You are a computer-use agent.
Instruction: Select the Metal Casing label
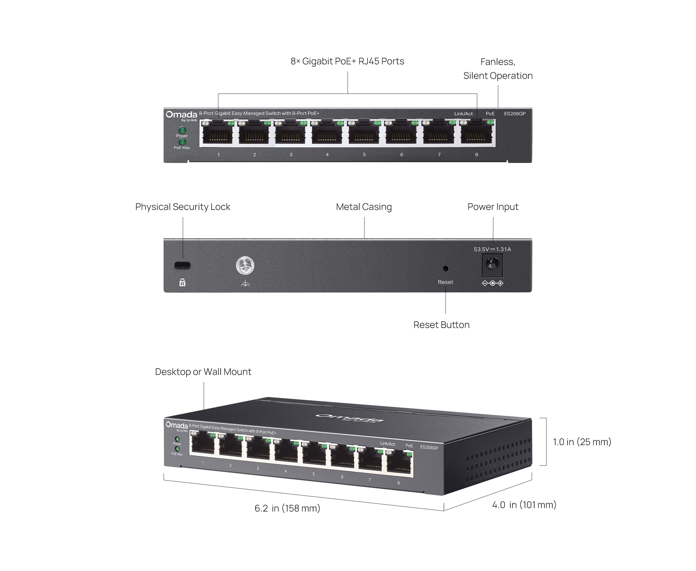pyautogui.click(x=364, y=207)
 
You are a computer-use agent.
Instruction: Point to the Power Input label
pyautogui.click(x=493, y=207)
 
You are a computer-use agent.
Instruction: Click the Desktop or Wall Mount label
pyautogui.click(x=203, y=372)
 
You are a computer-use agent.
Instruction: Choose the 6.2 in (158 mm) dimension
pyautogui.click(x=287, y=508)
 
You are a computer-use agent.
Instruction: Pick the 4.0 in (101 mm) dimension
pyautogui.click(x=524, y=505)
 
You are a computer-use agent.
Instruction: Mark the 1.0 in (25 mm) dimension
pyautogui.click(x=582, y=442)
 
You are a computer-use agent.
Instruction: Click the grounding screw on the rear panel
pyautogui.click(x=245, y=266)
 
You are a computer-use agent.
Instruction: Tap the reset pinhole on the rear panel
pyautogui.click(x=445, y=269)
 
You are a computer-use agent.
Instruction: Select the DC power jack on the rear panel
pyautogui.click(x=492, y=265)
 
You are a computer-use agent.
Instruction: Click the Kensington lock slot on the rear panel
pyautogui.click(x=182, y=265)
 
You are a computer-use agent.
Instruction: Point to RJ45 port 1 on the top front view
pyautogui.click(x=217, y=133)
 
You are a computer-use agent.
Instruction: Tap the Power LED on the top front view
pyautogui.click(x=182, y=130)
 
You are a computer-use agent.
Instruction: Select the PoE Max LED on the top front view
pyautogui.click(x=182, y=142)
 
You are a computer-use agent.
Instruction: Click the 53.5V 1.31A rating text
pyautogui.click(x=492, y=249)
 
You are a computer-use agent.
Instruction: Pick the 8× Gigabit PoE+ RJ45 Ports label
pyautogui.click(x=347, y=61)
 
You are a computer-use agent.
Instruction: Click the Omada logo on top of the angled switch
pyautogui.click(x=349, y=418)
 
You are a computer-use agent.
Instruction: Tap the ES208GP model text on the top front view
pyautogui.click(x=515, y=114)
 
